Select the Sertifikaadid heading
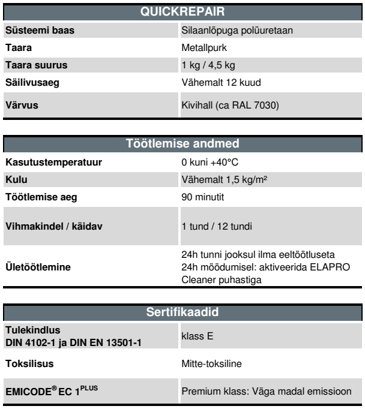[x=182, y=311]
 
